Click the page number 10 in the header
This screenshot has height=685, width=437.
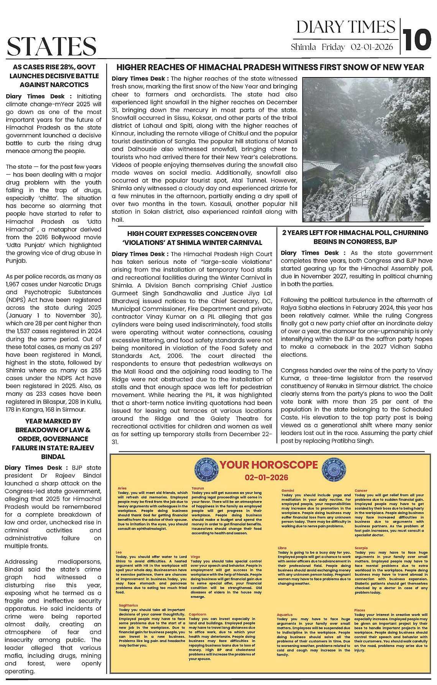417,40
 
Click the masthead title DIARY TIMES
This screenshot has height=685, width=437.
345,27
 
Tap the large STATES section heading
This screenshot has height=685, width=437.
52,46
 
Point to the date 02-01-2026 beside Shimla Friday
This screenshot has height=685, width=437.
372,47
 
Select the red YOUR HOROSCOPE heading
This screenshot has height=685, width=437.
268,465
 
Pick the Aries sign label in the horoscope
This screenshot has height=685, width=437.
122,488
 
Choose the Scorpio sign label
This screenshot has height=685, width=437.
361,548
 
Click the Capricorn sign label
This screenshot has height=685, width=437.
197,614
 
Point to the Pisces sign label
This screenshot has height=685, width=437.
360,610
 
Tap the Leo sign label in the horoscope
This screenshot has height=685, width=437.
118,552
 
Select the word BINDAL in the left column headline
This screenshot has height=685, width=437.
53,457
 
